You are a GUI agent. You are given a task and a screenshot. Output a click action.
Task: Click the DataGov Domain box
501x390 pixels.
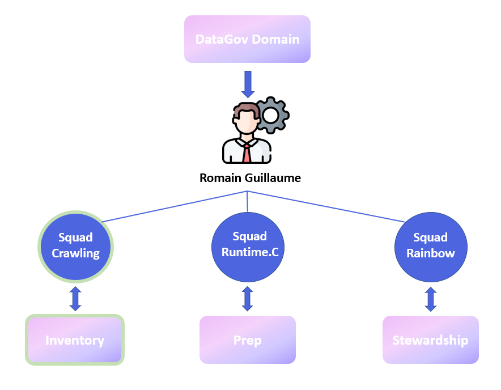pos(247,39)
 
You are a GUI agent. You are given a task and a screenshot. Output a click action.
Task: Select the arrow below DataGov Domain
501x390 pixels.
pos(247,83)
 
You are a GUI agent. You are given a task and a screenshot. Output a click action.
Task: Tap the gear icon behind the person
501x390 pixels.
pos(271,115)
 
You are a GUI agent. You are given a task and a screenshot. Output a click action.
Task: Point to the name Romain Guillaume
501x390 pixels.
pos(250,178)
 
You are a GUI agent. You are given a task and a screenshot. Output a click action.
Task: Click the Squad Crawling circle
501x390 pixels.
pos(76,247)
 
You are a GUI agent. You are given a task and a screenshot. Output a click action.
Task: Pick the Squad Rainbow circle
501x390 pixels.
pos(431,247)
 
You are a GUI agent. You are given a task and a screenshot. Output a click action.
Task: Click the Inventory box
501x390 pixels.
pos(75,340)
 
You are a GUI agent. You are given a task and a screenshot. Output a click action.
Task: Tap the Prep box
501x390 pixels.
pos(248,340)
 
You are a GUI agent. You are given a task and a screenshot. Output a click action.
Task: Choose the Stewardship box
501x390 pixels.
pos(431,340)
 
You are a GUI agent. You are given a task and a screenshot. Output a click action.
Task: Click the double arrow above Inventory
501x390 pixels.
pos(75,299)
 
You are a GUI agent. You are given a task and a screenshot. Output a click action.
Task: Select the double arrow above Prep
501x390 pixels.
pos(247,299)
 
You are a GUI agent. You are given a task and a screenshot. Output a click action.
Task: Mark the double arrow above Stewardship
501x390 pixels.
pos(431,299)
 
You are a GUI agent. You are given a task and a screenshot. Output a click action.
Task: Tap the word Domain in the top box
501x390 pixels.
pos(277,40)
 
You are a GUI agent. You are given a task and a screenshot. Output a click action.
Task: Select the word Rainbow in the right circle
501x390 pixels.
pos(431,253)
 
